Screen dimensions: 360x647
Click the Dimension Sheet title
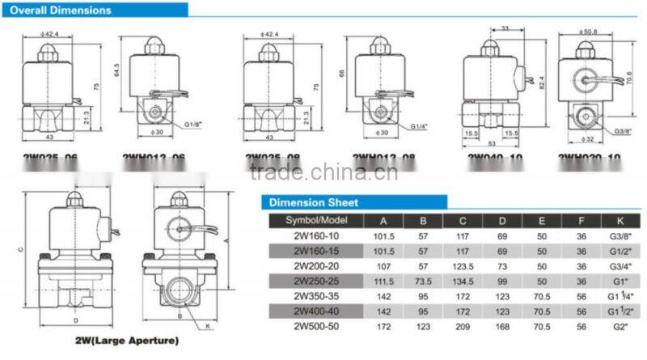pyautogui.click(x=313, y=202)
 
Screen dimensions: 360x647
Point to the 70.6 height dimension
pyautogui.click(x=629, y=78)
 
